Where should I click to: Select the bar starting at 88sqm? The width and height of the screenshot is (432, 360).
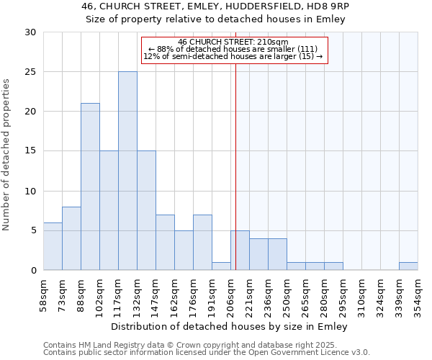pyautogui.click(x=90, y=186)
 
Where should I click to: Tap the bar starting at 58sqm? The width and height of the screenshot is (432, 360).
pyautogui.click(x=53, y=246)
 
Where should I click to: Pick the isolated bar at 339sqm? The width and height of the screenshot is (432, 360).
pyautogui.click(x=408, y=266)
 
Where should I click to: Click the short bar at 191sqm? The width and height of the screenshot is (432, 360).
pyautogui.click(x=221, y=266)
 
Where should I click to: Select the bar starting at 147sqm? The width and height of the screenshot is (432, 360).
pyautogui.click(x=165, y=242)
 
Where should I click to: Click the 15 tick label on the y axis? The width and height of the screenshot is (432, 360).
pyautogui.click(x=31, y=151)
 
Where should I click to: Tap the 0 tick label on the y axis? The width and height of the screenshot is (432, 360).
pyautogui.click(x=34, y=270)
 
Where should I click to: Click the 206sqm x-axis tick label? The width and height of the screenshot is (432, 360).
pyautogui.click(x=230, y=295)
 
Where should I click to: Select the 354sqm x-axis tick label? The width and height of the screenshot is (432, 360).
pyautogui.click(x=418, y=295)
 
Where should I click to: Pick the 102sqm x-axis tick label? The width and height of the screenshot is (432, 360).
pyautogui.click(x=99, y=295)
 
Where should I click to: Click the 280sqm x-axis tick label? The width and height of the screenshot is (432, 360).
pyautogui.click(x=324, y=295)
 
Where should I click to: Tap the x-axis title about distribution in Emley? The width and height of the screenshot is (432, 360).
pyautogui.click(x=230, y=326)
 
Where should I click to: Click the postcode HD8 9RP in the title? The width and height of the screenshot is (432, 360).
pyautogui.click(x=328, y=6)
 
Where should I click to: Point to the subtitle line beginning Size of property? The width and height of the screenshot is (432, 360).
pyautogui.click(x=216, y=19)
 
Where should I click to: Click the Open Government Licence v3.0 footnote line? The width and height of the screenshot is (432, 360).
pyautogui.click(x=207, y=352)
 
